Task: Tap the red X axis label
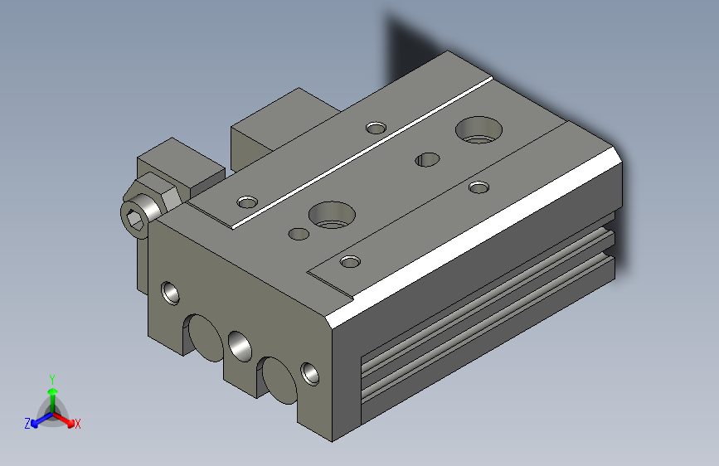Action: (77, 424)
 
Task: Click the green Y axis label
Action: (51, 378)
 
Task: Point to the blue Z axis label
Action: (27, 424)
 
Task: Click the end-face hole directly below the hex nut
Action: (170, 292)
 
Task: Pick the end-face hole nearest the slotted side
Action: (310, 372)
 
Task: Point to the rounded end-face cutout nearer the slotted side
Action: (277, 376)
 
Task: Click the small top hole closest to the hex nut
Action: (247, 201)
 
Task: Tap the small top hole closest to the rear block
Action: (376, 128)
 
